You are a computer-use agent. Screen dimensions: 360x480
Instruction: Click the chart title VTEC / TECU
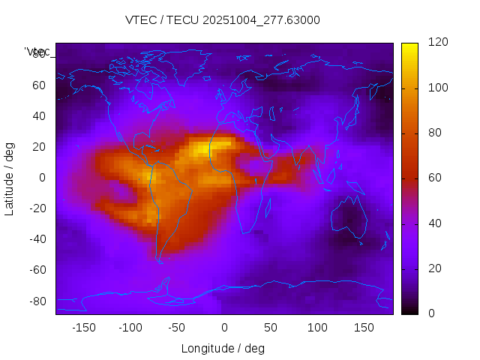[x=222, y=20]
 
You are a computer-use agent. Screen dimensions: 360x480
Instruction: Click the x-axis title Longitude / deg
[x=223, y=348]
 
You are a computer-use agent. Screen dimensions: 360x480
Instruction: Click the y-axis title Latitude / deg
[x=10, y=178]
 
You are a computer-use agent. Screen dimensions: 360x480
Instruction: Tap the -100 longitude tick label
[x=130, y=328]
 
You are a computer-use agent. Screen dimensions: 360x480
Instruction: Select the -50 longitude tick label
[x=177, y=328]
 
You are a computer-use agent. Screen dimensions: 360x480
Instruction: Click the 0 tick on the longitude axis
[x=224, y=328]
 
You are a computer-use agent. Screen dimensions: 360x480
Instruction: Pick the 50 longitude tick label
[x=271, y=328]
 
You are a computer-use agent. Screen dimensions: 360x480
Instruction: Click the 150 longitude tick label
[x=364, y=328]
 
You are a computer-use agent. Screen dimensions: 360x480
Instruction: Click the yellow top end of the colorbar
[x=409, y=46]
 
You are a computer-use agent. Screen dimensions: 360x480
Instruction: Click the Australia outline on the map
[x=349, y=218]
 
